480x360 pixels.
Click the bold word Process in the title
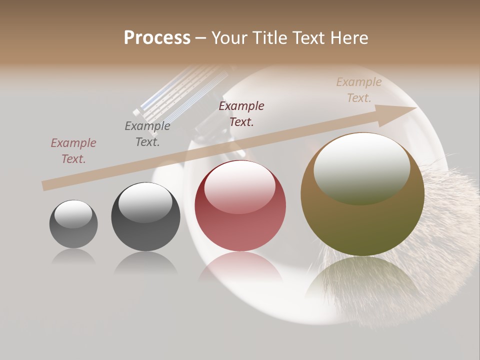[x=157, y=38]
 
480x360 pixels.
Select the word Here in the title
[x=349, y=38]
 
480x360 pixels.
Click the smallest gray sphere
[x=73, y=224]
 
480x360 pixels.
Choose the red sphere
[x=240, y=206]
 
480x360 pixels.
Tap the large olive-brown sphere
[x=362, y=195]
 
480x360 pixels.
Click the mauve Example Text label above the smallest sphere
[x=73, y=151]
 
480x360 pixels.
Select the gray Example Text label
[x=147, y=134]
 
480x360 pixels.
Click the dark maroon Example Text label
[x=241, y=113]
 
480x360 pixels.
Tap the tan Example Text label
[x=359, y=90]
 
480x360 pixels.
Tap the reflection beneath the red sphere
[x=240, y=267]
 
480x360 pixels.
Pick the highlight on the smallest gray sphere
[x=73, y=214]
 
